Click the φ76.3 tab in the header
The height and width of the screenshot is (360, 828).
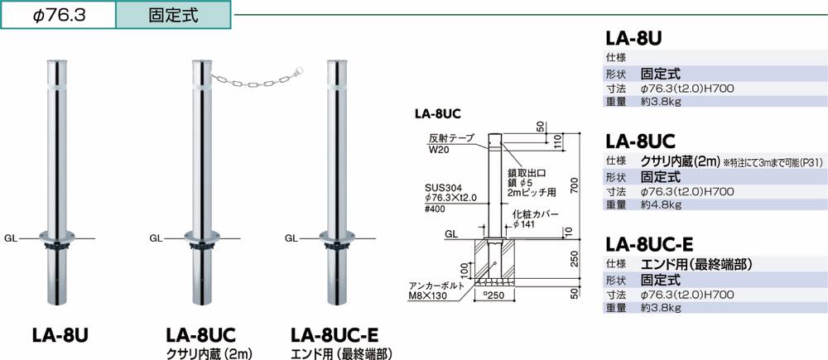(58, 15)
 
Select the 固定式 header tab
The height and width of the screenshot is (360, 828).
(173, 15)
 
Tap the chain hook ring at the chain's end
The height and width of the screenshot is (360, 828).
(300, 70)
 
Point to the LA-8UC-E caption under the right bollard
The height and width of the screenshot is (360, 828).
(335, 336)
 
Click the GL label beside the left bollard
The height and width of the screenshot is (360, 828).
(11, 238)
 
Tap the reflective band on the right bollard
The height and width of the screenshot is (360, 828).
(335, 84)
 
